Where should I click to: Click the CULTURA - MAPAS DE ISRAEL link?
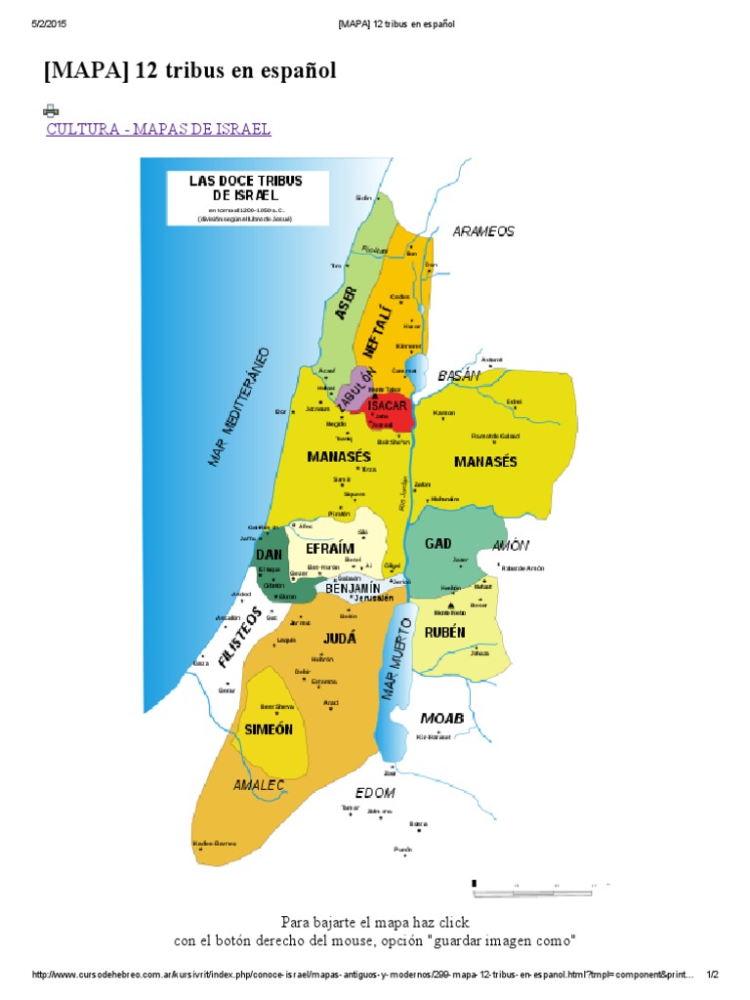tap(158, 129)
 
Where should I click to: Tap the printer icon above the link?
tap(51, 111)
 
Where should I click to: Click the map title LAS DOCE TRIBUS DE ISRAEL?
tap(246, 188)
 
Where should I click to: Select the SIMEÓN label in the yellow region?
tap(269, 729)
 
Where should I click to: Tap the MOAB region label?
tap(441, 719)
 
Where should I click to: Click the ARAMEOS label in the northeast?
tap(482, 231)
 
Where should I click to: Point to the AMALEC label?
tap(258, 784)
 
